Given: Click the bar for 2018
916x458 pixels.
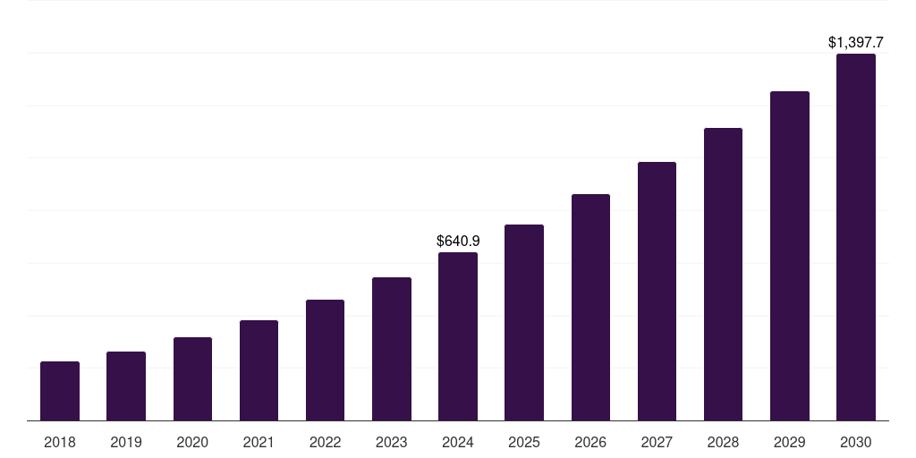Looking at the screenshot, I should (x=60, y=391).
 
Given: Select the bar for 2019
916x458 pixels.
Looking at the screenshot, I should (x=126, y=386).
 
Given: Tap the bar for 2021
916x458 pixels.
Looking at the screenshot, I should (x=259, y=370).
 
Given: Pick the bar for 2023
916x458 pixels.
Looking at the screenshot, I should (x=392, y=349).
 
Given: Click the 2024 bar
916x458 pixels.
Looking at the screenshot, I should (x=458, y=336).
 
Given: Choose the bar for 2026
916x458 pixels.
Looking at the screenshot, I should (x=590, y=307).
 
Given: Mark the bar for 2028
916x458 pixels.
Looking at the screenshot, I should (x=723, y=274).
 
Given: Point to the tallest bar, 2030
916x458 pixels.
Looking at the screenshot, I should (x=856, y=237).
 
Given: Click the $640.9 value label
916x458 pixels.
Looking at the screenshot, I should (x=458, y=241).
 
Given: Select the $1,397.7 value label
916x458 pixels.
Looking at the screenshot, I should (x=856, y=42).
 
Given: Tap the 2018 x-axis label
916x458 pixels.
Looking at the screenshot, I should (x=60, y=442).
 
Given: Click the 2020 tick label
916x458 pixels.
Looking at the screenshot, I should (x=192, y=442).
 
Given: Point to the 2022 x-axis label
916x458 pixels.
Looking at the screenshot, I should (x=325, y=442).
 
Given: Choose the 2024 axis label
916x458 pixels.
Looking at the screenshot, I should (x=458, y=442).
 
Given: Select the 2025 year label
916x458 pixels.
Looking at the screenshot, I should (x=524, y=442).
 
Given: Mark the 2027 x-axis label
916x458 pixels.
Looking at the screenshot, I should (x=657, y=442).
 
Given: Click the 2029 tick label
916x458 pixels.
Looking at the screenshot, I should (x=789, y=442).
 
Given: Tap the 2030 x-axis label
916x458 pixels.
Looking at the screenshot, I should (x=856, y=442).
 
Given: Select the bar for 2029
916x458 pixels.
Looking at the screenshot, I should (x=789, y=256).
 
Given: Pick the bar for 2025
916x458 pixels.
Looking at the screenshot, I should (x=524, y=322).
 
